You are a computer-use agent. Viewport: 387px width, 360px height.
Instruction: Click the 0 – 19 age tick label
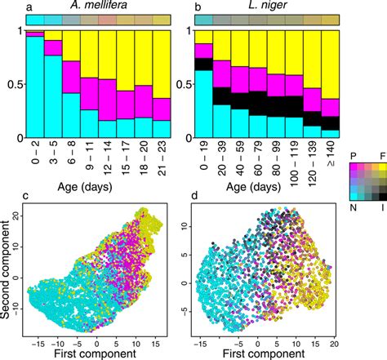pyautogui.click(x=202, y=150)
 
